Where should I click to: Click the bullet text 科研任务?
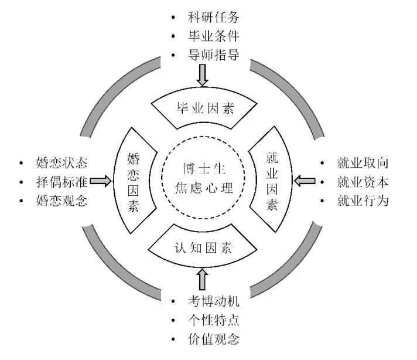(214, 16)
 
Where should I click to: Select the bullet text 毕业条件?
(214, 36)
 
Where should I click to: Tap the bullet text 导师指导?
(214, 56)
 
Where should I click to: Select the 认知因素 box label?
(203, 247)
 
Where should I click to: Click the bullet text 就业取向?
(362, 162)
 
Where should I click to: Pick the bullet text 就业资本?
(362, 182)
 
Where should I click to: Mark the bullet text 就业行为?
(362, 201)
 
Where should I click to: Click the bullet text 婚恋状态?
(61, 162)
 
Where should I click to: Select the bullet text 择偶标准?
(61, 182)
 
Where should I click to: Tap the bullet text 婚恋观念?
(61, 201)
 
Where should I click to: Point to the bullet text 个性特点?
(214, 321)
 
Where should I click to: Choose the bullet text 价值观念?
(214, 340)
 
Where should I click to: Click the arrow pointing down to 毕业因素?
(203, 75)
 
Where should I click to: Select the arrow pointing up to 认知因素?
(203, 279)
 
